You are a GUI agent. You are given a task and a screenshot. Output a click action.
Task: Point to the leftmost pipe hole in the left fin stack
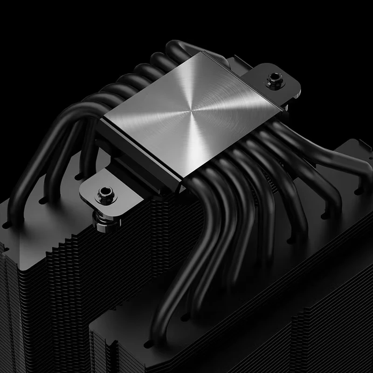pyautogui.click(x=7, y=224)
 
